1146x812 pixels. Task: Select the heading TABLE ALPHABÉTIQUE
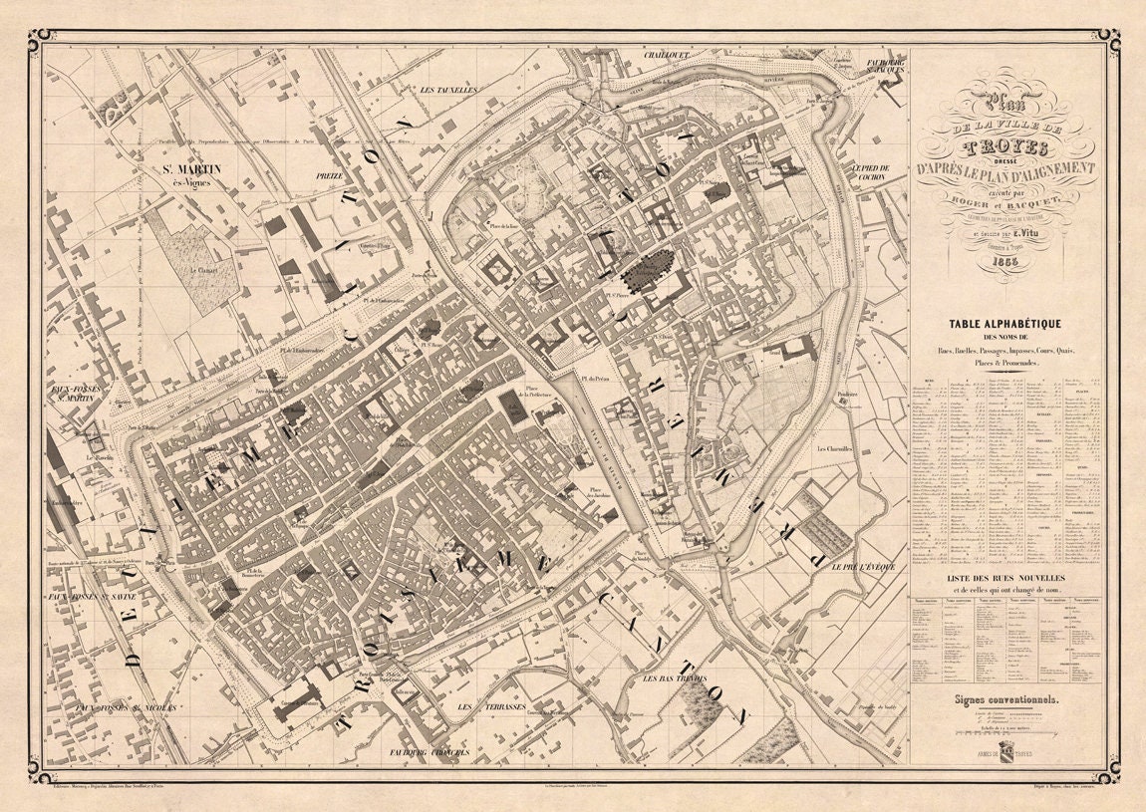click(1007, 324)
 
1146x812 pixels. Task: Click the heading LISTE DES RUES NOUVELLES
click(1007, 578)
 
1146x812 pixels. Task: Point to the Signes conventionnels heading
click(1007, 700)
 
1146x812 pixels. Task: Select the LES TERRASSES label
click(478, 706)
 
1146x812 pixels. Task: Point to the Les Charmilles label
click(835, 449)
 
